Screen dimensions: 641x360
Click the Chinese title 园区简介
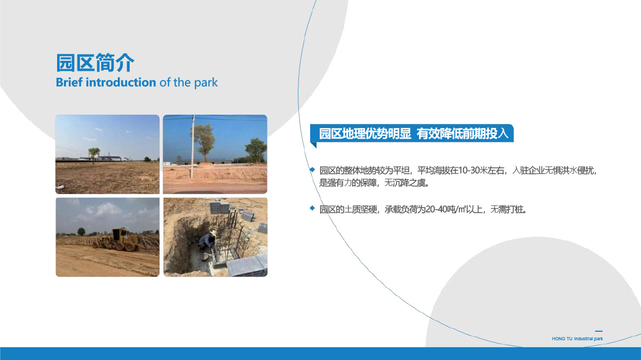tap(95, 62)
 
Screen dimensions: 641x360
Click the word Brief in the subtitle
tap(69, 82)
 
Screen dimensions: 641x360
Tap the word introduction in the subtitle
tap(121, 82)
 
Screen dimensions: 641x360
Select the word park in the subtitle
tap(205, 83)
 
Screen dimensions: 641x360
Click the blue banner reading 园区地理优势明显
tap(412, 133)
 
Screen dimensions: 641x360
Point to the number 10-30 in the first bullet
tap(469, 171)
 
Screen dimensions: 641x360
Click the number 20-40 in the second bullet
tap(437, 210)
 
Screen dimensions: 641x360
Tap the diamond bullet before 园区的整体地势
tap(312, 170)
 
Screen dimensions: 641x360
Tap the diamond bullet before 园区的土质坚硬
tap(312, 208)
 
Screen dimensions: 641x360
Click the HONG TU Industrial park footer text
tap(577, 339)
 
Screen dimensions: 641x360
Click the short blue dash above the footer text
tap(599, 331)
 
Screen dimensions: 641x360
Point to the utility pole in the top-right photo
tap(193, 147)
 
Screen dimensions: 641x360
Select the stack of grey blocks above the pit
tap(219, 207)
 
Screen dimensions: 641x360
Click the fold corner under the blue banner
tap(314, 145)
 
